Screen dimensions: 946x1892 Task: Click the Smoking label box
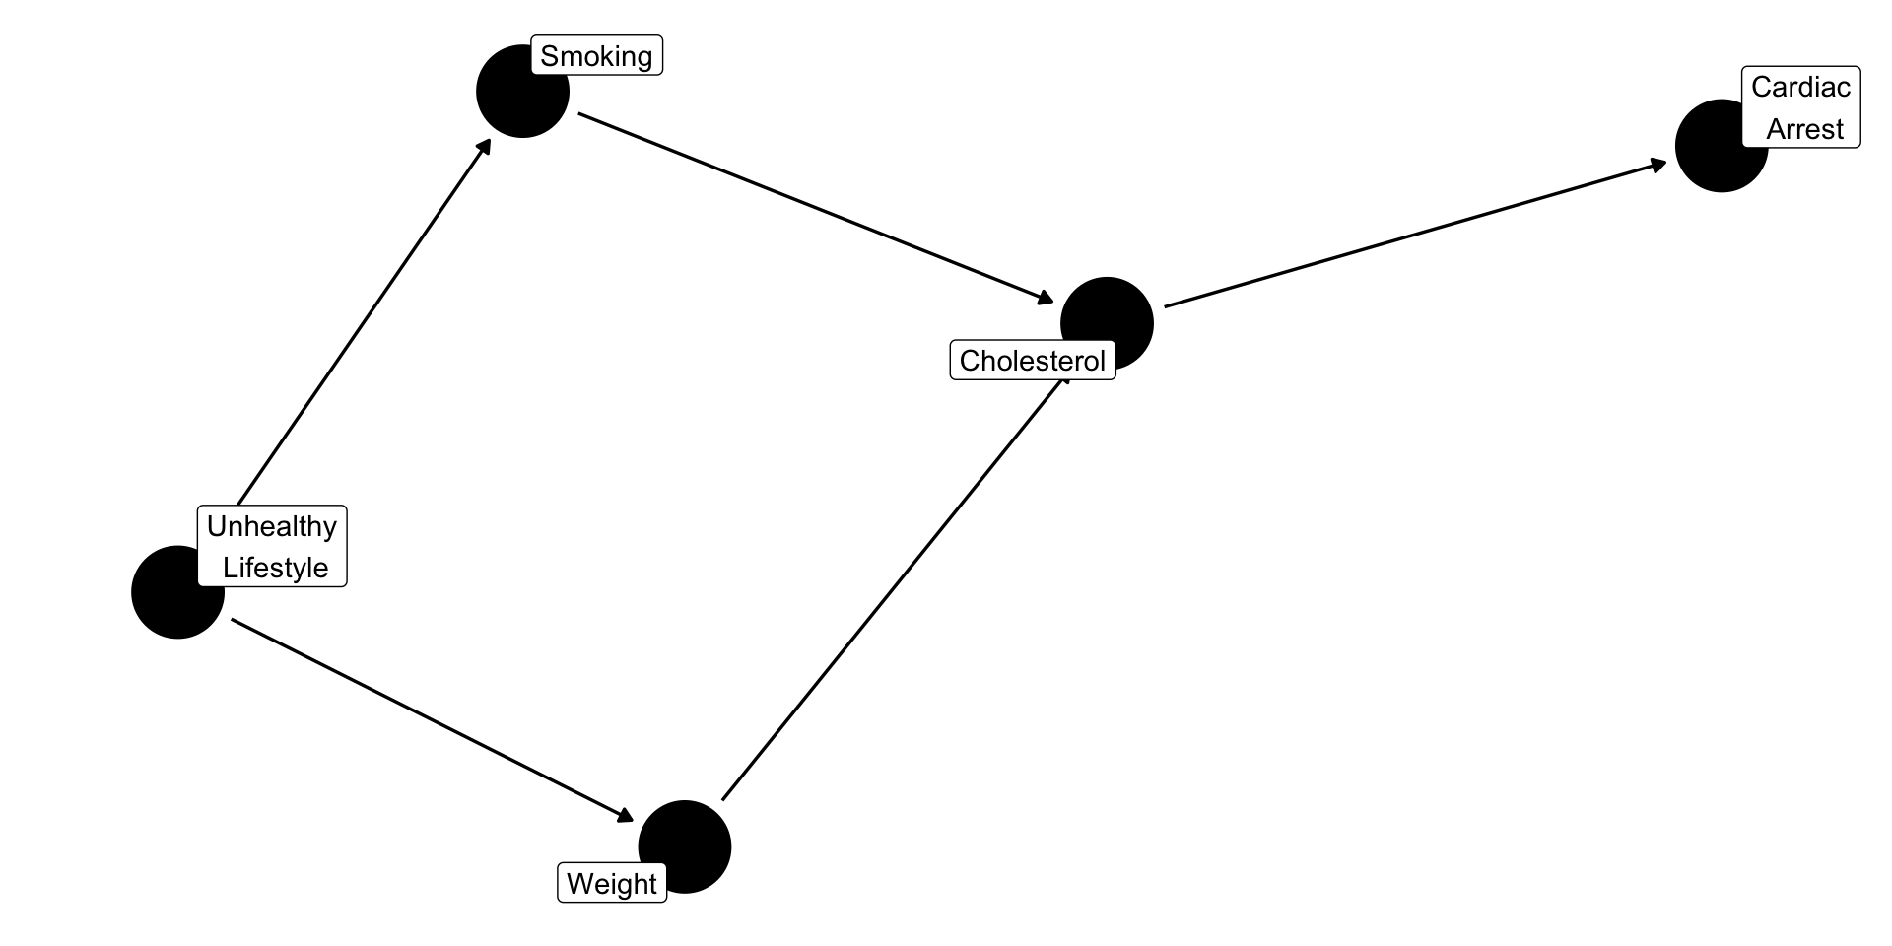(596, 56)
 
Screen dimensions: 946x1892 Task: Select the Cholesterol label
(1032, 361)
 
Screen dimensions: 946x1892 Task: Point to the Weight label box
(612, 884)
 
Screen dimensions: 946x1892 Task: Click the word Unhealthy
(272, 526)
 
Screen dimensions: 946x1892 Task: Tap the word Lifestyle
(275, 568)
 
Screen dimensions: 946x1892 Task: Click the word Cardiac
(1800, 87)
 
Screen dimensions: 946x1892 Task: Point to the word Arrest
(1804, 129)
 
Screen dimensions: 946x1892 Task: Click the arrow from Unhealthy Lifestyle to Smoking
(365, 321)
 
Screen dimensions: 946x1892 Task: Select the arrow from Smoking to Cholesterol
(816, 208)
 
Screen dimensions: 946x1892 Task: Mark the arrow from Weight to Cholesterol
(895, 587)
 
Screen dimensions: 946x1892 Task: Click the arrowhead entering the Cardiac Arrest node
(1658, 165)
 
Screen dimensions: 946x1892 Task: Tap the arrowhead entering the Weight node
(625, 814)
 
